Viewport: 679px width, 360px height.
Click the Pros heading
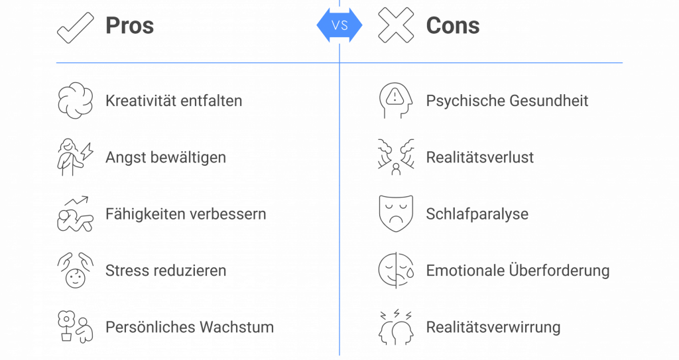pos(129,26)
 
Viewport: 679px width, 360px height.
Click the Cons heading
pos(453,26)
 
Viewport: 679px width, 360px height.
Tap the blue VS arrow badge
pos(339,25)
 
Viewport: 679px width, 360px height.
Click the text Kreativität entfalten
pos(174,101)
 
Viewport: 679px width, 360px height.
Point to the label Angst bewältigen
pos(166,158)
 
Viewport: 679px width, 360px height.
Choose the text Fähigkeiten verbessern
pos(186,214)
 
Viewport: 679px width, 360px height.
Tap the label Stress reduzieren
pos(166,270)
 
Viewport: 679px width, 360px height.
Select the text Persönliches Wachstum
pos(190,327)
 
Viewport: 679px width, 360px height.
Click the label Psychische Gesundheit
pos(507,101)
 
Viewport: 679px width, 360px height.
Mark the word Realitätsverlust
pos(479,158)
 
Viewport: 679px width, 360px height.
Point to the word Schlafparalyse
pos(477,214)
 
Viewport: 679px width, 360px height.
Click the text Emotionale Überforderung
pos(517,270)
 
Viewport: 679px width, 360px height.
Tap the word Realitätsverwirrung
pos(493,327)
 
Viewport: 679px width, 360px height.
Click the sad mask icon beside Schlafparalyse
pos(396,213)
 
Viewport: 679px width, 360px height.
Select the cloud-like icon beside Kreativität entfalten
pos(75,101)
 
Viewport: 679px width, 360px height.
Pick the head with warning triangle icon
pos(396,101)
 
